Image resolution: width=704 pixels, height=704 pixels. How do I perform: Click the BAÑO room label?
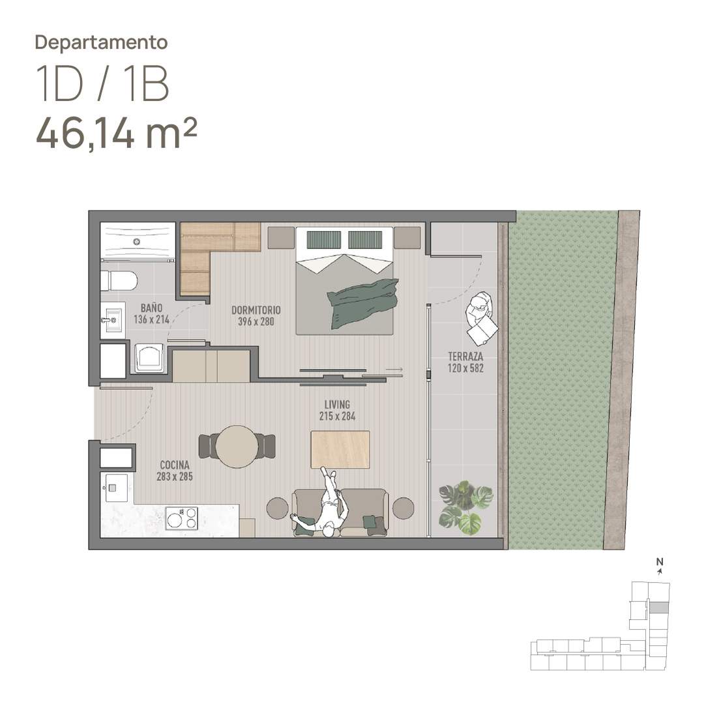click(151, 308)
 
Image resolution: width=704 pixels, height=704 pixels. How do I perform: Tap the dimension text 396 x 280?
click(256, 321)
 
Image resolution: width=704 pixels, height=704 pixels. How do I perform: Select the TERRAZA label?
click(465, 357)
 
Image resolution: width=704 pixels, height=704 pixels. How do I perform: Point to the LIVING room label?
click(337, 405)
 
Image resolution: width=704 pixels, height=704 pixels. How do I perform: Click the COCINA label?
click(175, 465)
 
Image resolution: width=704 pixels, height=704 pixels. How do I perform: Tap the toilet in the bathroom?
click(119, 281)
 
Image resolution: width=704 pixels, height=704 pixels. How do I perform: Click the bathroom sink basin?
click(112, 320)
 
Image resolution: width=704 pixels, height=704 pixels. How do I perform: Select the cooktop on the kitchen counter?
click(182, 518)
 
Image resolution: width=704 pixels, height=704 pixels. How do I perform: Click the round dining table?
click(237, 447)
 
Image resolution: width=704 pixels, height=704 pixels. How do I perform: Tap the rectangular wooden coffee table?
click(340, 449)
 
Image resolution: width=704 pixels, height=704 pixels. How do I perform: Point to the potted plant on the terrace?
click(465, 507)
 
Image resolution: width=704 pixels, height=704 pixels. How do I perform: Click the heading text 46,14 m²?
click(116, 134)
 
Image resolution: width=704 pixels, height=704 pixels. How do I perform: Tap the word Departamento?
click(102, 42)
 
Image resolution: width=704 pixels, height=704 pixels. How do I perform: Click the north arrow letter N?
click(660, 561)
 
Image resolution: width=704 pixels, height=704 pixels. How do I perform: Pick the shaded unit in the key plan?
click(659, 608)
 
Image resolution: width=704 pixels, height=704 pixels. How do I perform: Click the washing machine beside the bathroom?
click(149, 358)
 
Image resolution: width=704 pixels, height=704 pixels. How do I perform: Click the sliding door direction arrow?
click(394, 370)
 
